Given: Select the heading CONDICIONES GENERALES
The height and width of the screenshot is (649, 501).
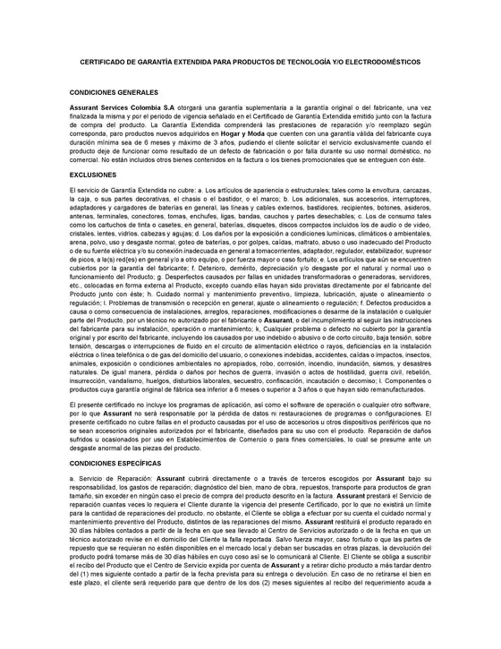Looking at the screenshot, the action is coord(114,92).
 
